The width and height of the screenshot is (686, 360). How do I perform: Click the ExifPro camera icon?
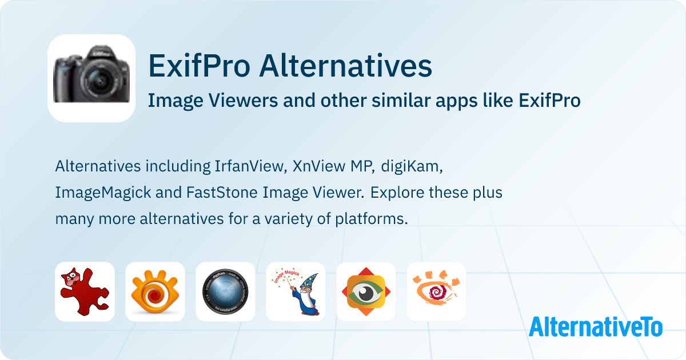pos(91,78)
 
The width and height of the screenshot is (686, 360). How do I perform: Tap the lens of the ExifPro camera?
pos(99,79)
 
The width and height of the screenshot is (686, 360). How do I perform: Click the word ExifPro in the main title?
pos(200,66)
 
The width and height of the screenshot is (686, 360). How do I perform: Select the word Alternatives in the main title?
pos(345,66)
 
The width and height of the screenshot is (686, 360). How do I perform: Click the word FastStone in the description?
pos(222,193)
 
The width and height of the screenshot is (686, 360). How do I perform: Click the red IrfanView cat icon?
pos(85,292)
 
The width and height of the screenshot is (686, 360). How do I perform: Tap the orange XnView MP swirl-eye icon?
pos(155,292)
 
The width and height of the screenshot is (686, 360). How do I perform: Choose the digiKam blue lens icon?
pos(225,292)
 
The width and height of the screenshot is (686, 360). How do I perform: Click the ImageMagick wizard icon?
pos(296,292)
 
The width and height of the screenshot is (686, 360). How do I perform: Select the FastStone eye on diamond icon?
pos(366,292)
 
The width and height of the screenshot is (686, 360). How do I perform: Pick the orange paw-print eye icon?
pos(436,292)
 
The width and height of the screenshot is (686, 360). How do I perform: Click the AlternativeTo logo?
pos(596,327)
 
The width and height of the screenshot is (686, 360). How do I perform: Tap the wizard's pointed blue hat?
pos(310,282)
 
